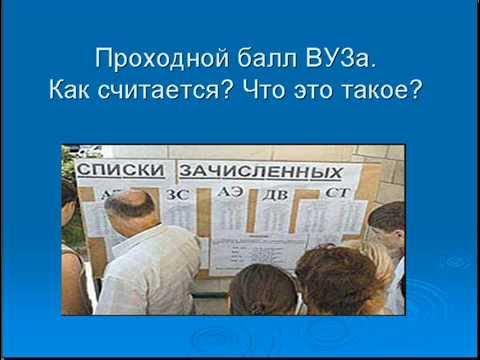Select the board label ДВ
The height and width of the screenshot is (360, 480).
[x=273, y=193]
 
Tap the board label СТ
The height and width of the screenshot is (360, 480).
[x=330, y=193]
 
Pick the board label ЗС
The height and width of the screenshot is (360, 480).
[x=177, y=194]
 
